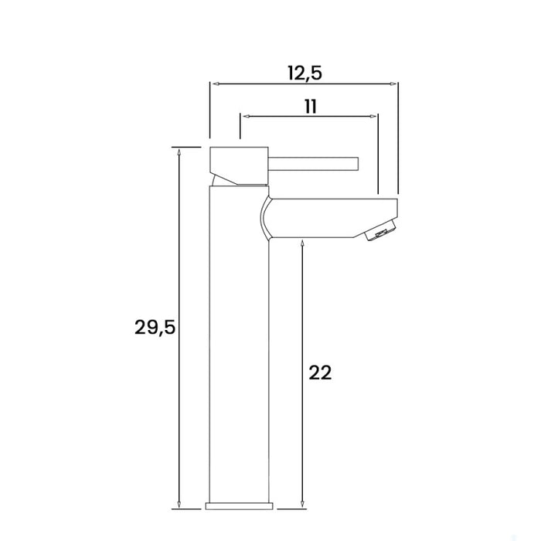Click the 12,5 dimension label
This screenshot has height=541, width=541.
[304, 73]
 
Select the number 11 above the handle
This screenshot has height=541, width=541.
[310, 106]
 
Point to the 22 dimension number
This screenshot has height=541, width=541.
[320, 373]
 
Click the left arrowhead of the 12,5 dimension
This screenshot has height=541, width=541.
[215, 83]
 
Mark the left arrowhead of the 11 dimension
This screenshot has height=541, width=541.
[245, 116]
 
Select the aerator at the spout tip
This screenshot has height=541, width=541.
[381, 232]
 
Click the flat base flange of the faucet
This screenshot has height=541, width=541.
[239, 506]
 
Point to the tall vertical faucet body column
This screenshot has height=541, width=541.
[239, 348]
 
